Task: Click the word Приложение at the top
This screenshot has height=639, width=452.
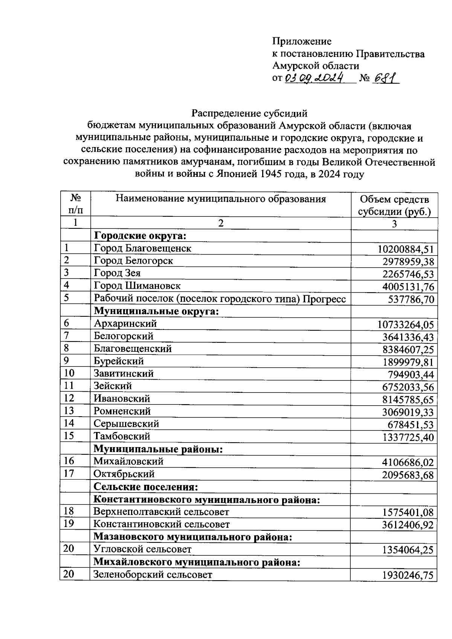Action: (x=302, y=41)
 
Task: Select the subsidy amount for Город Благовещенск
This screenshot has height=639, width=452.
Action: (x=406, y=249)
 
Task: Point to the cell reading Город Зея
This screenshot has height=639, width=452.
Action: (x=117, y=273)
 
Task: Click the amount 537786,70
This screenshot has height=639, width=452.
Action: (x=411, y=300)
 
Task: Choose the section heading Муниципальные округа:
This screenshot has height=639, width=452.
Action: (x=156, y=311)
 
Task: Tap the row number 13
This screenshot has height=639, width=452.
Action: (x=69, y=411)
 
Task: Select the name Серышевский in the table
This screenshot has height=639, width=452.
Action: (x=126, y=424)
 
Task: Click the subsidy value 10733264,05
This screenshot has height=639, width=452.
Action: (x=406, y=325)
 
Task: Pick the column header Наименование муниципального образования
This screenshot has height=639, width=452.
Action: (x=220, y=199)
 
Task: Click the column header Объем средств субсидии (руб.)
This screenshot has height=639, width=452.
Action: (x=394, y=205)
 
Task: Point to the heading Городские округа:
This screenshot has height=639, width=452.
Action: (x=140, y=236)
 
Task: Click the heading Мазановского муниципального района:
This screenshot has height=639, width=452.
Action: (x=193, y=537)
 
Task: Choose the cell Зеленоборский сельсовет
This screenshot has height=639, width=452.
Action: (x=153, y=575)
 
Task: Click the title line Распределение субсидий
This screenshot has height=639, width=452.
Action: (x=249, y=113)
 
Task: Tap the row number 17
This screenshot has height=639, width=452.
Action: (x=69, y=474)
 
